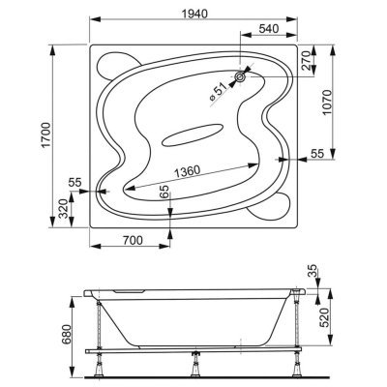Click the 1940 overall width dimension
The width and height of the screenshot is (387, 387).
193,14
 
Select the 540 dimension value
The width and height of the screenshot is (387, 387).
269,29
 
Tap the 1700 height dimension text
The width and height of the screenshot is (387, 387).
46,135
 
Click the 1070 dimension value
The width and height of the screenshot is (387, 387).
327,103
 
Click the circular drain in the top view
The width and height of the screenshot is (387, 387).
240,76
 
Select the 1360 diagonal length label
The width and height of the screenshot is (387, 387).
188,171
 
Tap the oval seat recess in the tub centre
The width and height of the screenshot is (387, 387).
193,134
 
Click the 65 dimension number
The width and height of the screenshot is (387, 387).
164,193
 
